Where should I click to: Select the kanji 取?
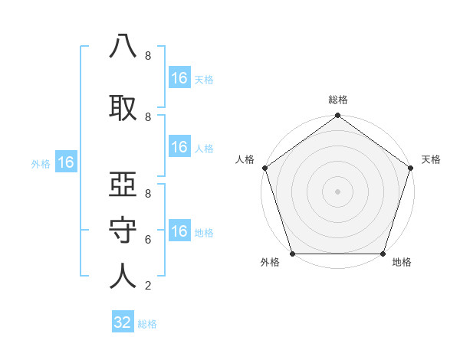[x=123, y=106]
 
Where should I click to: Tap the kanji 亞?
[x=123, y=185]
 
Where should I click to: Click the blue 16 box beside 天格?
[x=179, y=78]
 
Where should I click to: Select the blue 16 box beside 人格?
[x=179, y=148]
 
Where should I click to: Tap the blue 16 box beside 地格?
[x=179, y=232]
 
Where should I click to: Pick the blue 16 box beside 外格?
[x=66, y=162]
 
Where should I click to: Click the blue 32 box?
[x=123, y=322]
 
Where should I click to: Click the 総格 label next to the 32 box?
[x=147, y=324]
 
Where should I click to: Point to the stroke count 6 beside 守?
[x=147, y=240]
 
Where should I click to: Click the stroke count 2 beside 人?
[x=147, y=286]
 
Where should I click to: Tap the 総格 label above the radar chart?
[x=338, y=100]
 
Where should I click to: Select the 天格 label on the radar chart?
[x=431, y=159]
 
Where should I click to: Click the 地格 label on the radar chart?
[x=402, y=263]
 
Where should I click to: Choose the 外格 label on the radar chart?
[x=270, y=263]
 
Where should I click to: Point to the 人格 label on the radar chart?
[x=245, y=159]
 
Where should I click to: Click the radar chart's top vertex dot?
[x=338, y=116]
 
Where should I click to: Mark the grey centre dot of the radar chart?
[x=338, y=191]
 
